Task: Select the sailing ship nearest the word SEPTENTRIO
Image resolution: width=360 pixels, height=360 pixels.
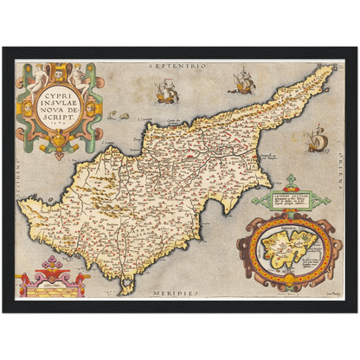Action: [164, 89]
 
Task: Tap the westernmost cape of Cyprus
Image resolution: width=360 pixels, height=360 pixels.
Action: [22, 205]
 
